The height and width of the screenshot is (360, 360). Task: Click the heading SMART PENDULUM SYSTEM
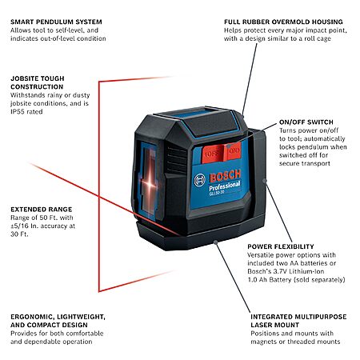[x=56, y=22]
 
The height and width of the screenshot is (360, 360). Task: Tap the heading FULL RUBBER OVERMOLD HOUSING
[x=283, y=22]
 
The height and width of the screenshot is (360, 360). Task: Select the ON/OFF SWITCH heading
[x=306, y=122]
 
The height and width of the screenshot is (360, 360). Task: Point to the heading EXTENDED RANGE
[x=42, y=210]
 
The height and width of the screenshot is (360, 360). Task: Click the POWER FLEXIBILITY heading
[x=281, y=246]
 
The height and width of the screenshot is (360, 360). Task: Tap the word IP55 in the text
[x=18, y=112]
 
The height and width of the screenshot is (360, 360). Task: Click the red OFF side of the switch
[x=212, y=154]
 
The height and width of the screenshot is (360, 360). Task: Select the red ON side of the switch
[x=233, y=151]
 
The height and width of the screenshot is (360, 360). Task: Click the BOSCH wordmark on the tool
[x=226, y=176]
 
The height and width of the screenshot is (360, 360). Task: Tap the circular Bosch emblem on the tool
[x=199, y=180]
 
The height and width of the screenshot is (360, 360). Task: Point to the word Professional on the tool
[x=225, y=186]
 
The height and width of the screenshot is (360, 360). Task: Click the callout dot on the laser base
[x=215, y=242]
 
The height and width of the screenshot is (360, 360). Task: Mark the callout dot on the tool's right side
[x=265, y=181]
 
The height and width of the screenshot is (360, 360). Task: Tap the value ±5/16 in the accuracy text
[x=20, y=226]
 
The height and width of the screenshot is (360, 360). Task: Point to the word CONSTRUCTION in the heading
[x=37, y=87]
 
